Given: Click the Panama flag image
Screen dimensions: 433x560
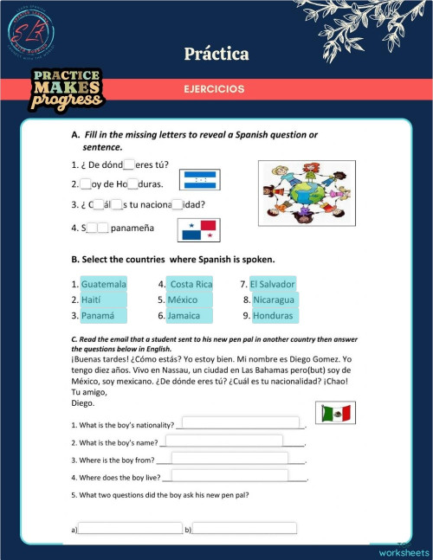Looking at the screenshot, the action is pos(198,229).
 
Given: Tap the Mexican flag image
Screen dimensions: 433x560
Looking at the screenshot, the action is pos(334,414).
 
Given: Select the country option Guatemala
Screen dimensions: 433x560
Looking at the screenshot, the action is pos(104,284).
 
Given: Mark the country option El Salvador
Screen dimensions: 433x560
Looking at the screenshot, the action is pos(273,284).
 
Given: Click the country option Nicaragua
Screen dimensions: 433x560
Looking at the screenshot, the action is pos(275,299).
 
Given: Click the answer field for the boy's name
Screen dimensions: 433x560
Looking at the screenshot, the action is pos(224,441).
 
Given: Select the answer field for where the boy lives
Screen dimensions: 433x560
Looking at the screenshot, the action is pos(229,475).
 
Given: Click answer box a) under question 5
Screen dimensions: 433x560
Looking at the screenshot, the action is pos(130,527).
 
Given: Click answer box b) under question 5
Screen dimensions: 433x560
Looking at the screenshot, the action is pos(244,527).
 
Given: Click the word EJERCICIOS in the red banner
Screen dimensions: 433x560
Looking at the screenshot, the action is pos(213,89).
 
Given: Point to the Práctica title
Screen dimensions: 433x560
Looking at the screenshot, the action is pos(216,54).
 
